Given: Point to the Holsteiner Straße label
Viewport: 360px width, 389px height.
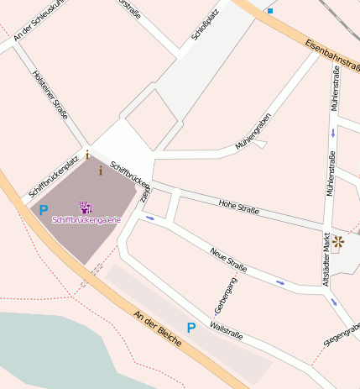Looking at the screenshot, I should click(x=50, y=95).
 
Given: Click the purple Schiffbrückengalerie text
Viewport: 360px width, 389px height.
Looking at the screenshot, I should click(x=86, y=220).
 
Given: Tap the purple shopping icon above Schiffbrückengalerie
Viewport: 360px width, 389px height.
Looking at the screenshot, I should click(x=86, y=207).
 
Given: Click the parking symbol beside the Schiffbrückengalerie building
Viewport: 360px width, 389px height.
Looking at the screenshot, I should click(x=43, y=210).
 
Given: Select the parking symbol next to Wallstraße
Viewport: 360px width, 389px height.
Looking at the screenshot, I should click(x=191, y=328).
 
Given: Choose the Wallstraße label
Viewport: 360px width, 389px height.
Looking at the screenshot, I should click(x=227, y=329).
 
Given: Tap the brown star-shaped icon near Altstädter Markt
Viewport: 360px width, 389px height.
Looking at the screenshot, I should click(x=338, y=243).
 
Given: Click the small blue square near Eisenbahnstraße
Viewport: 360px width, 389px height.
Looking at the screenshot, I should click(x=270, y=11).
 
